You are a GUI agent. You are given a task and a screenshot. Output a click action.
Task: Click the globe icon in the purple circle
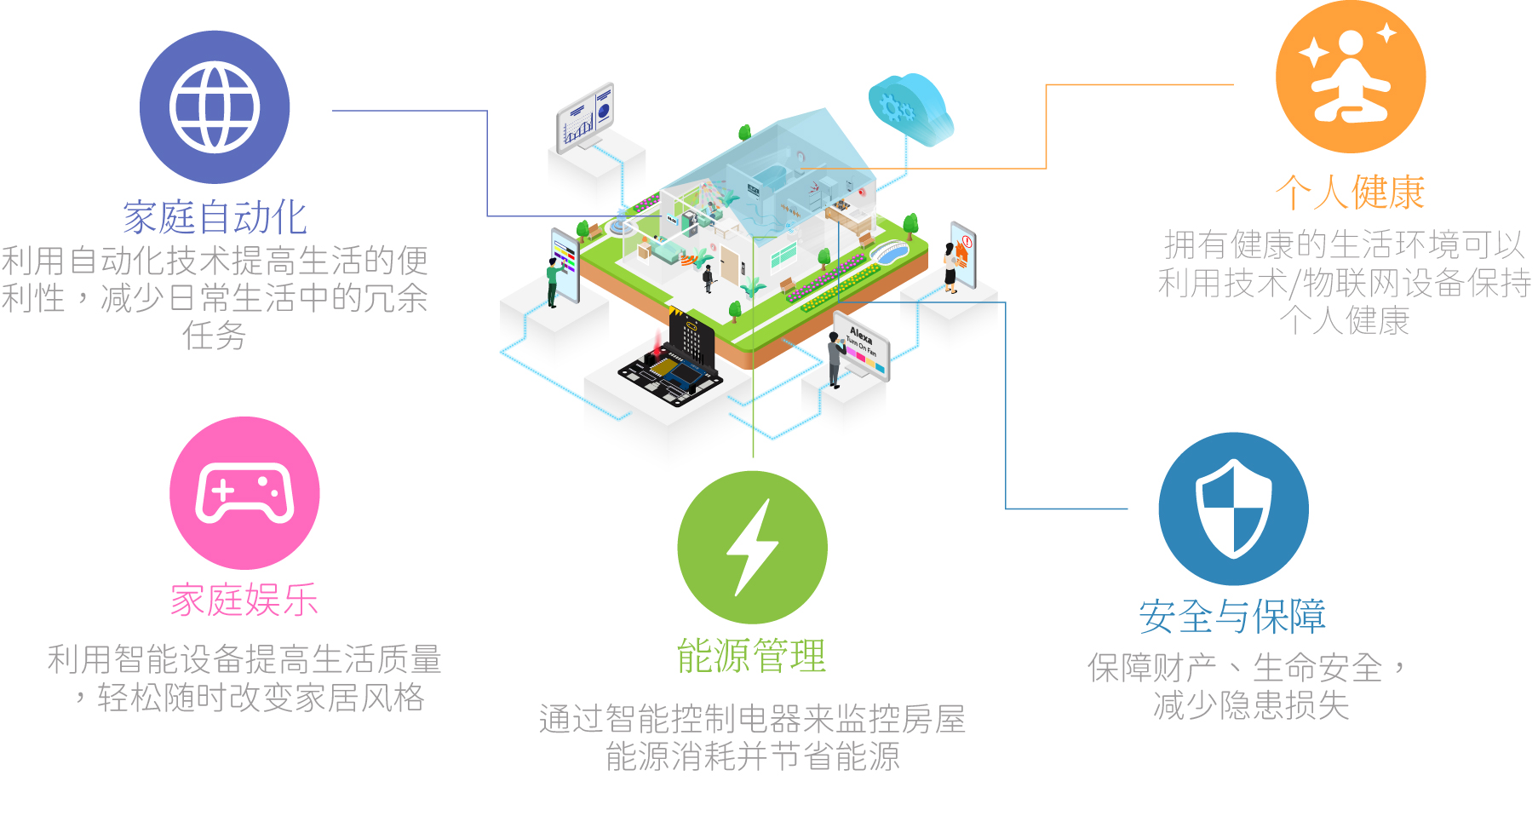pyautogui.click(x=215, y=107)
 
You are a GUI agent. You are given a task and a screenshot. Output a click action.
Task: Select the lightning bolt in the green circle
pyautogui.click(x=752, y=547)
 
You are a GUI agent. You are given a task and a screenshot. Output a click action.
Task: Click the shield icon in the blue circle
pyautogui.click(x=1233, y=509)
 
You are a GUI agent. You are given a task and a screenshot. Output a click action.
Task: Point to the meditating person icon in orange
pyautogui.click(x=1350, y=77)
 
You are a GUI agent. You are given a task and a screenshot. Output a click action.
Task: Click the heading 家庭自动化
pyautogui.click(x=215, y=217)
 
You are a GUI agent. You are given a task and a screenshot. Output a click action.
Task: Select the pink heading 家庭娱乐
pyautogui.click(x=244, y=601)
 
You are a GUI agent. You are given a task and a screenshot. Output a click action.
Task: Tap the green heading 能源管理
pyautogui.click(x=752, y=656)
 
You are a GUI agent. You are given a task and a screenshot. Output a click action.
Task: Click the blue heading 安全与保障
pyautogui.click(x=1232, y=616)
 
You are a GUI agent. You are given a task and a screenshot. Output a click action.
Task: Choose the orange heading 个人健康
pyautogui.click(x=1350, y=193)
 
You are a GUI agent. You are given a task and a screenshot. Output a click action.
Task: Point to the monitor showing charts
pyautogui.click(x=585, y=119)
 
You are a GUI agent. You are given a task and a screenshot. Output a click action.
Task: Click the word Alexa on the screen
pyautogui.click(x=861, y=333)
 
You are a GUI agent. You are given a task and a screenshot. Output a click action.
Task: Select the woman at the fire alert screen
pyautogui.click(x=950, y=267)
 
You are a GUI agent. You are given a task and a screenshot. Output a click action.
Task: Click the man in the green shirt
pyautogui.click(x=553, y=282)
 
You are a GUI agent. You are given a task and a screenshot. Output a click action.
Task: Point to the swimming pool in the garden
pyautogui.click(x=887, y=251)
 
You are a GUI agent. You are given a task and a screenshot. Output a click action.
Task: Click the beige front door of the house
pyautogui.click(x=729, y=263)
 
